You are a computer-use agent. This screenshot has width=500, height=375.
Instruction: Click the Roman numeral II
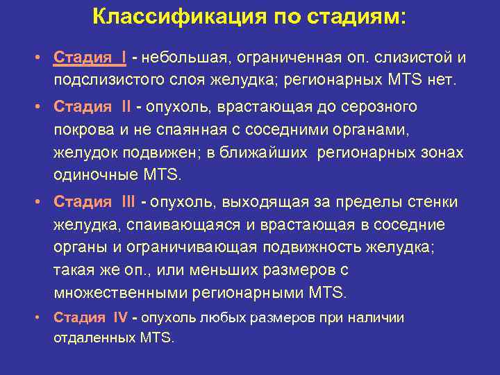pos(126,107)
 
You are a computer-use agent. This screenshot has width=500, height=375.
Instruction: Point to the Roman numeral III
pos(128,202)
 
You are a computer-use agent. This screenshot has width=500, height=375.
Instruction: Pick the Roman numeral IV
pos(120,317)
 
